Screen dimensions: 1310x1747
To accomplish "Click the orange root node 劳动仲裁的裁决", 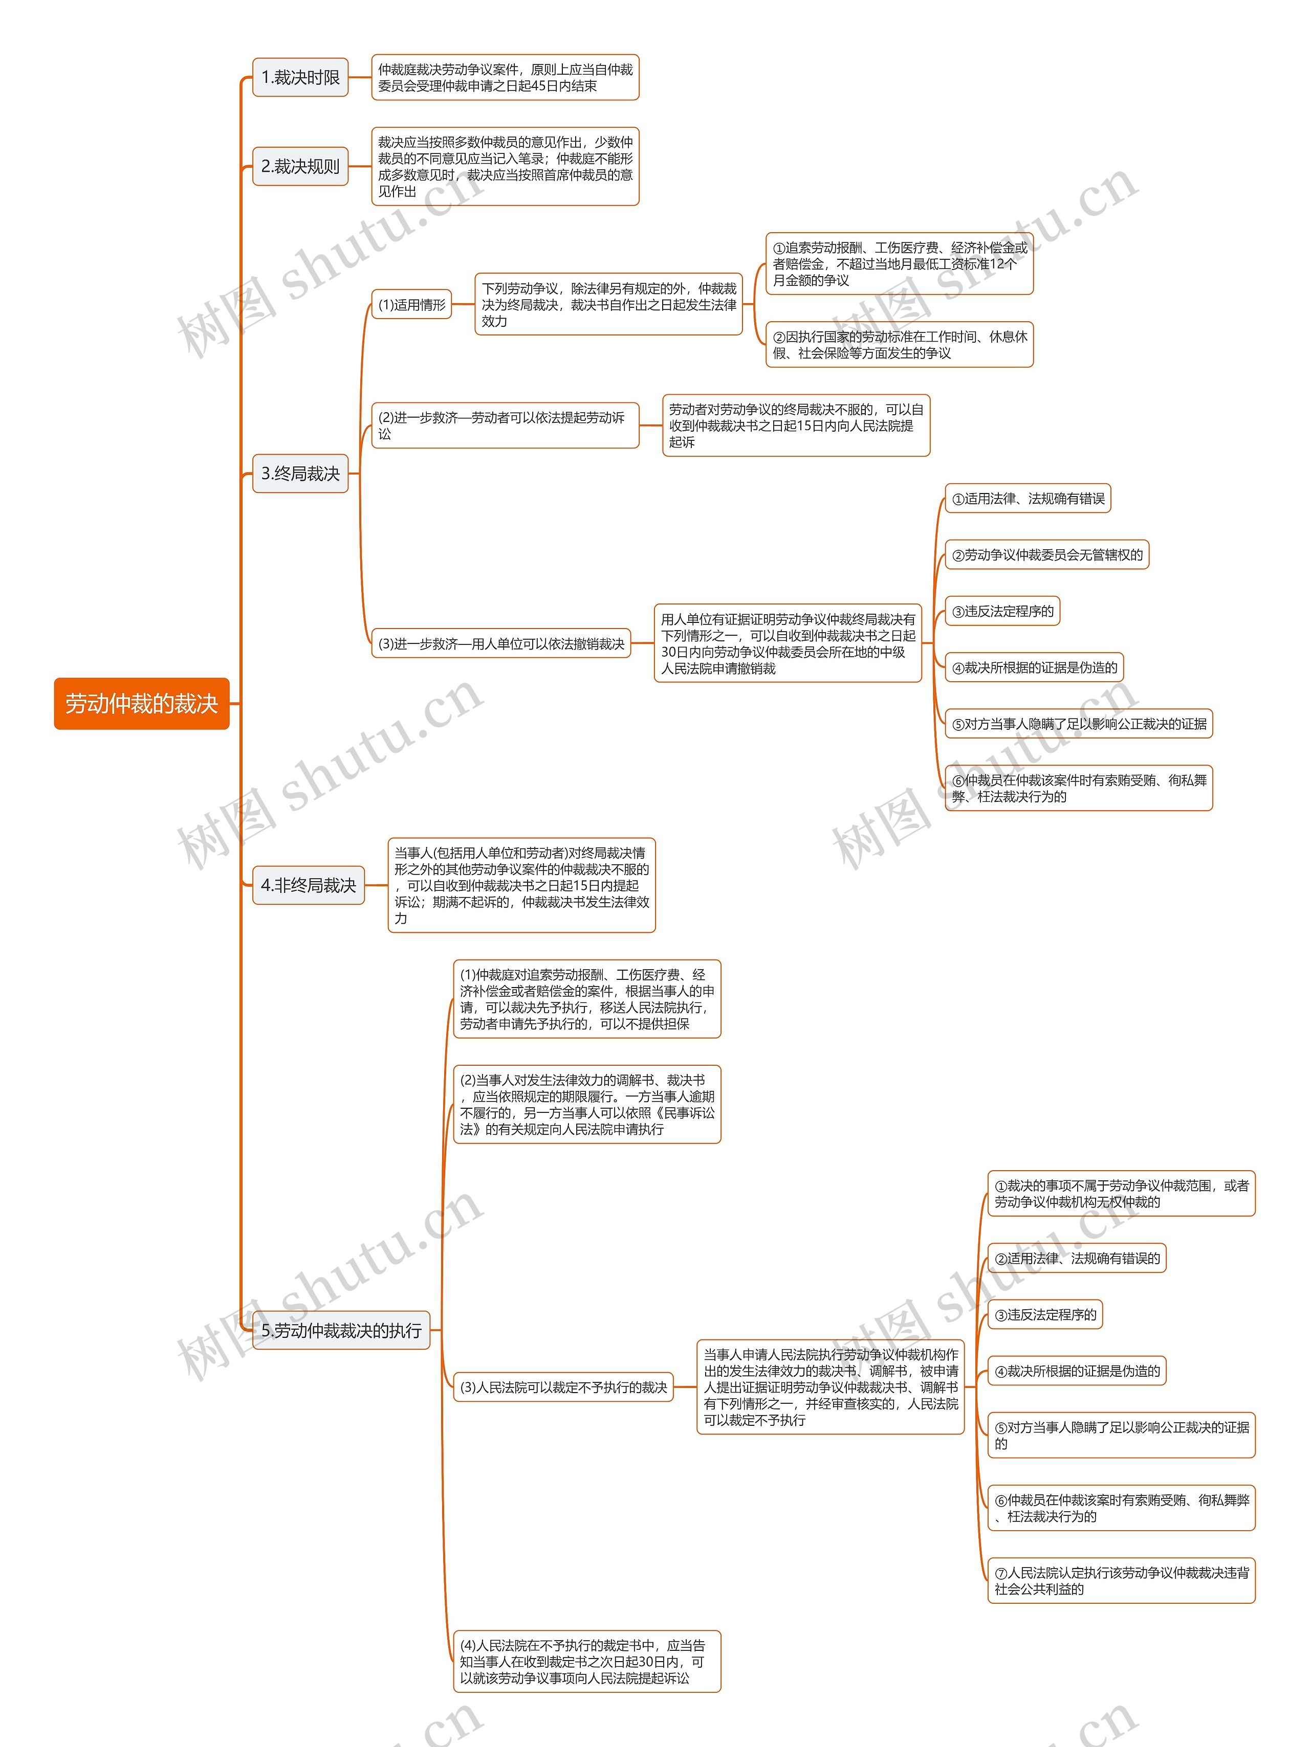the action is tap(141, 703).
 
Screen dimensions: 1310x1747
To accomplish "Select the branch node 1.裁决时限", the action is tap(300, 77).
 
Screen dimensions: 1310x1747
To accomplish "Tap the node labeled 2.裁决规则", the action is tap(300, 167).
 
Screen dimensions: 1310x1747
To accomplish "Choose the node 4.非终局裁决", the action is tap(308, 885).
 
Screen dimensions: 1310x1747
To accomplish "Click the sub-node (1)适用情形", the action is tap(411, 305).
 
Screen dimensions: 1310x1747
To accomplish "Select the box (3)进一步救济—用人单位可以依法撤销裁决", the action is tap(501, 644).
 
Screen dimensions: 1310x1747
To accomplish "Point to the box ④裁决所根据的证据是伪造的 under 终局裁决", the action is tap(1034, 667).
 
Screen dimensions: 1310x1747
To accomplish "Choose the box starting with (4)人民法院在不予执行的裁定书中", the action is tap(587, 1661).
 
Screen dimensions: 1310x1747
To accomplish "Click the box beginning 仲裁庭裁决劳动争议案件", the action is tap(506, 77).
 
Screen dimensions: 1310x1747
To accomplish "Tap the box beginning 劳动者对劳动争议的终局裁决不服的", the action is tap(796, 425).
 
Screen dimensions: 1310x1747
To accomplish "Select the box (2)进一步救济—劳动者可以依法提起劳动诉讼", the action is tap(506, 425).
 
